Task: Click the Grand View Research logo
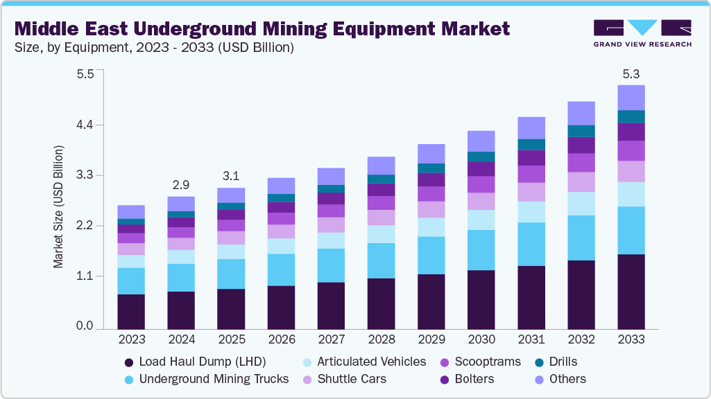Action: click(x=642, y=33)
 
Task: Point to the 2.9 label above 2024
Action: click(x=181, y=185)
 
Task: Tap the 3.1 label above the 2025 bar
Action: click(x=231, y=176)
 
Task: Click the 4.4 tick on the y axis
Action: click(x=84, y=125)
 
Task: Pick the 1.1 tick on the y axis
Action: click(x=84, y=276)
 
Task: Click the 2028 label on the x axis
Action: click(x=381, y=339)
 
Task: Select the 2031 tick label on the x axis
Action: click(x=531, y=339)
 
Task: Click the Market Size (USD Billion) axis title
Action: click(x=59, y=207)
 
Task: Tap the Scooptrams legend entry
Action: click(x=486, y=362)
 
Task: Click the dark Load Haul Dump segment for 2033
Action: click(x=631, y=291)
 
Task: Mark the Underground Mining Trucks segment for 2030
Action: click(x=481, y=250)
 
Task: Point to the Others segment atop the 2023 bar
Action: click(x=131, y=211)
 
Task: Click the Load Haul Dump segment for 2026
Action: click(x=281, y=307)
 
